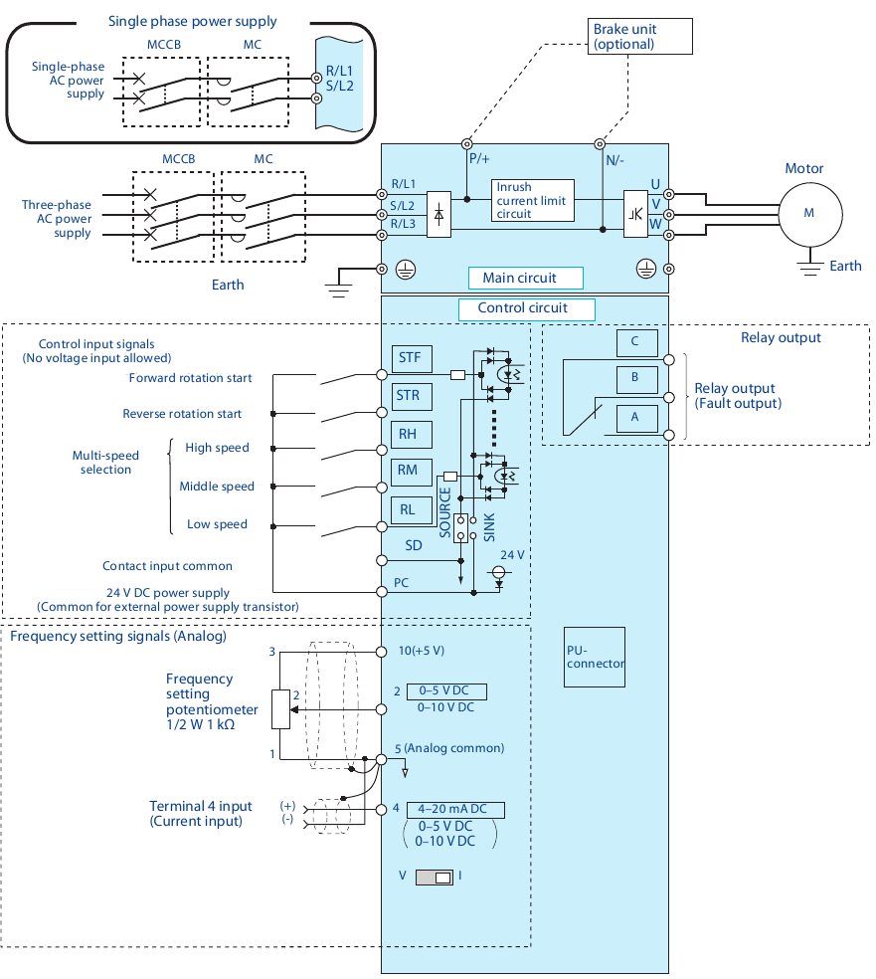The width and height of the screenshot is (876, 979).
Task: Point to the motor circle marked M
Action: [809, 213]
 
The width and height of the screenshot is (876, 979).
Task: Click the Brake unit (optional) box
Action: [636, 37]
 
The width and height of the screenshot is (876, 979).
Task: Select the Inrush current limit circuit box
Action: [532, 200]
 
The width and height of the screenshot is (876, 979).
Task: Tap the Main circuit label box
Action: [525, 278]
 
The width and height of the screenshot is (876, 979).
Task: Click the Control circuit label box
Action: [526, 308]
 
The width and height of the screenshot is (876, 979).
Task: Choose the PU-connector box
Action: [595, 657]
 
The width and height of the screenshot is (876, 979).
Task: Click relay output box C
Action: [636, 342]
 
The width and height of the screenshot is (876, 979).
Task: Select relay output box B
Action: [636, 379]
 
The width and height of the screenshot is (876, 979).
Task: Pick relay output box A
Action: [636, 418]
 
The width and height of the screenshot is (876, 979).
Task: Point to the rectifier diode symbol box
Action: [439, 213]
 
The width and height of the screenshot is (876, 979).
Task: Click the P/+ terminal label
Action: [479, 157]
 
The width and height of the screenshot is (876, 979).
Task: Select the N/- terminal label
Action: [617, 157]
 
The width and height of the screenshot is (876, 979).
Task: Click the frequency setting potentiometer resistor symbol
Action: [280, 708]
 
